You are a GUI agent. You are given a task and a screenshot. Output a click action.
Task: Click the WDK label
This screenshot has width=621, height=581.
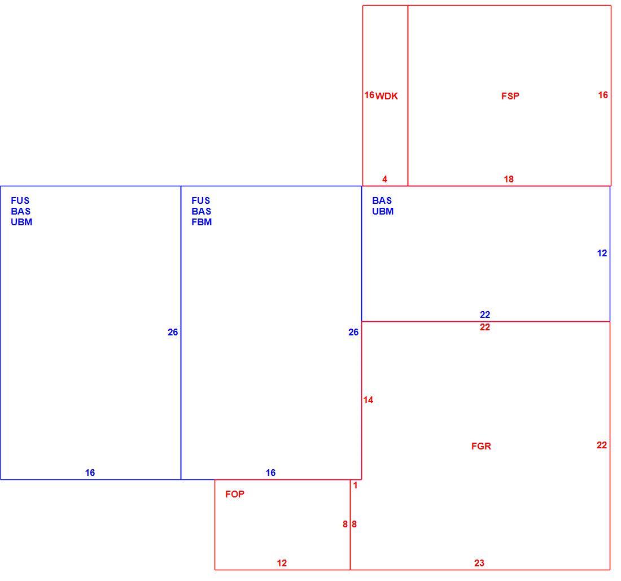pos(387,96)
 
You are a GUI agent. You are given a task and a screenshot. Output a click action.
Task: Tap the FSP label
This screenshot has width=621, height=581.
pos(510,96)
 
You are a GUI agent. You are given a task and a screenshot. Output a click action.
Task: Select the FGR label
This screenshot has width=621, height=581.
pos(481,446)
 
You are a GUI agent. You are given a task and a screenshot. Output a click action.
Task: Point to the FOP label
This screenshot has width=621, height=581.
pos(235,494)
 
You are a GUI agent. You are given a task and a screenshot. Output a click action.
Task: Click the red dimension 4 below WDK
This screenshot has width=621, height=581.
pos(384,179)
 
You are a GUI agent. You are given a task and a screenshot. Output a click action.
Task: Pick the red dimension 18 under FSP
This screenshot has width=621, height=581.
pos(509,179)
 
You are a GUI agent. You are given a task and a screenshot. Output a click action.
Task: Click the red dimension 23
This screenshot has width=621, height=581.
pos(479,563)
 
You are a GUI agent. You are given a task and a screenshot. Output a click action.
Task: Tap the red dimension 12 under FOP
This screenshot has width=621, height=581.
pos(282,563)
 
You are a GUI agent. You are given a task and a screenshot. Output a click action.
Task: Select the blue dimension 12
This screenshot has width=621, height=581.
pos(602,253)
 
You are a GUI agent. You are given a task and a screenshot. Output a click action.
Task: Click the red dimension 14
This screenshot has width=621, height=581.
pos(368,400)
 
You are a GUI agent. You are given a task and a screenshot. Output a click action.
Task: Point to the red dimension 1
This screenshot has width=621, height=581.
pos(355,485)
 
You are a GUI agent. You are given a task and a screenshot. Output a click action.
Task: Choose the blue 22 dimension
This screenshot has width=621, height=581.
pos(485,314)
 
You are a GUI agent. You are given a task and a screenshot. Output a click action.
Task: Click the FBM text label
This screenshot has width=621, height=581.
pos(202,222)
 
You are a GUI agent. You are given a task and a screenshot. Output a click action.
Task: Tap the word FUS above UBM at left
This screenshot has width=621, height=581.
pos(20,200)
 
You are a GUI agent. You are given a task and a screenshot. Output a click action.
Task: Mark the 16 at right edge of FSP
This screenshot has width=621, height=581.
pos(603,95)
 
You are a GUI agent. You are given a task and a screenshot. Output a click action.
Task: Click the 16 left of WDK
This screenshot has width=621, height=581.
pos(370,95)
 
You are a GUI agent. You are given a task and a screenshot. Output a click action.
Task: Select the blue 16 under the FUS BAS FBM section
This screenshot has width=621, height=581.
pos(270,473)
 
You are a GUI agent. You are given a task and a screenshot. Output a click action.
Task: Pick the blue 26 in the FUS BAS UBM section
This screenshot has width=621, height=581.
pos(173,332)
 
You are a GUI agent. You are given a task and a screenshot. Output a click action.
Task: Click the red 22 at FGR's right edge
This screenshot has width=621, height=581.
pos(602,445)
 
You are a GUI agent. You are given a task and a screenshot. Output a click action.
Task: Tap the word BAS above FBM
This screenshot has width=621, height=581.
pos(201,211)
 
